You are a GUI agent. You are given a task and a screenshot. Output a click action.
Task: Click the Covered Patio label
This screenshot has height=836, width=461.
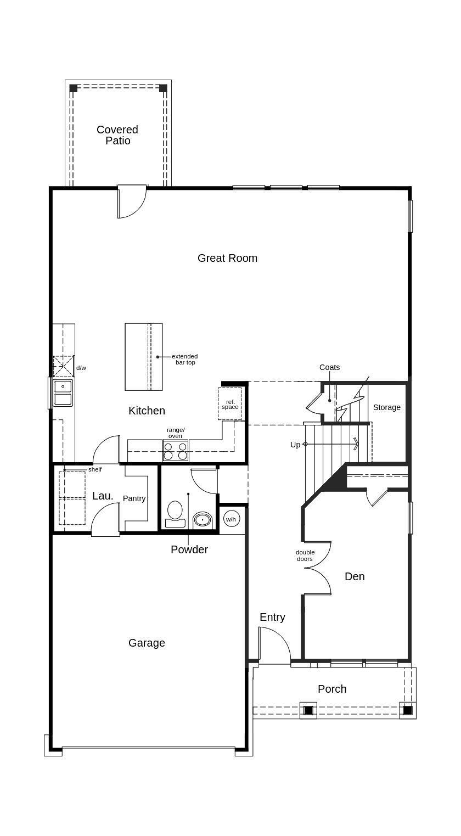pos(117,135)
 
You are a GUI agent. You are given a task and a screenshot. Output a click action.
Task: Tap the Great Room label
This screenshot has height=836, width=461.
pos(227,258)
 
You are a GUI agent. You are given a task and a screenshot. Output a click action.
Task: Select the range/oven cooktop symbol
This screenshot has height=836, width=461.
pos(176,450)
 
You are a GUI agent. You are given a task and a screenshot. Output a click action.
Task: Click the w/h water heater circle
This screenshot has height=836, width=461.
pos(231,519)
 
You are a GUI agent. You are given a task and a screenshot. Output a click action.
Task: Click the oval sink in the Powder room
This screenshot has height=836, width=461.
pos(203,519)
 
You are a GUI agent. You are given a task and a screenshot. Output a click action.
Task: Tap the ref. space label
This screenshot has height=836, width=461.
pos(230,405)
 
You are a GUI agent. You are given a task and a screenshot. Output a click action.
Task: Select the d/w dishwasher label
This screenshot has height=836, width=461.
pos(81,368)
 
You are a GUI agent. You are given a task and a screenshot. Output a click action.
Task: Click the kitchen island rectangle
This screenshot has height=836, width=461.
pos(143,357)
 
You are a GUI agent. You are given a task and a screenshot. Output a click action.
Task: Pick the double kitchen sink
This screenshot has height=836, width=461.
pos(63,392)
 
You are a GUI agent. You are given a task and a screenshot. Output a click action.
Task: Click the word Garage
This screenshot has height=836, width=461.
pos(147,643)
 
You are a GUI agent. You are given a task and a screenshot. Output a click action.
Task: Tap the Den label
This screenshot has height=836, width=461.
pos(355,576)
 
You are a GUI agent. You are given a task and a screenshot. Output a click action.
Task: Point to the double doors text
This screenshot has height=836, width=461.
pos(305,556)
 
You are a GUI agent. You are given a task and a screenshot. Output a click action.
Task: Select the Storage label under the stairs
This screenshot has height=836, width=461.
pos(387,407)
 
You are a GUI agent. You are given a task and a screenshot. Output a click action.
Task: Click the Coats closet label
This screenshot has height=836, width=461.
pos(329,367)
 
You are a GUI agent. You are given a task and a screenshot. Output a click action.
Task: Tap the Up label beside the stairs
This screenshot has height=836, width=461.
pos(295,445)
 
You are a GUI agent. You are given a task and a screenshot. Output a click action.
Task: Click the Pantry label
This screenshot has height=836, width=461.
pos(134,498)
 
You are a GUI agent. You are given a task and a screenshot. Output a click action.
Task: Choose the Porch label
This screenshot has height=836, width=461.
pos(332,689)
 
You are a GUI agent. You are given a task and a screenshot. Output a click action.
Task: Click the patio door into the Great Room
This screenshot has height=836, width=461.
pos(132,201)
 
